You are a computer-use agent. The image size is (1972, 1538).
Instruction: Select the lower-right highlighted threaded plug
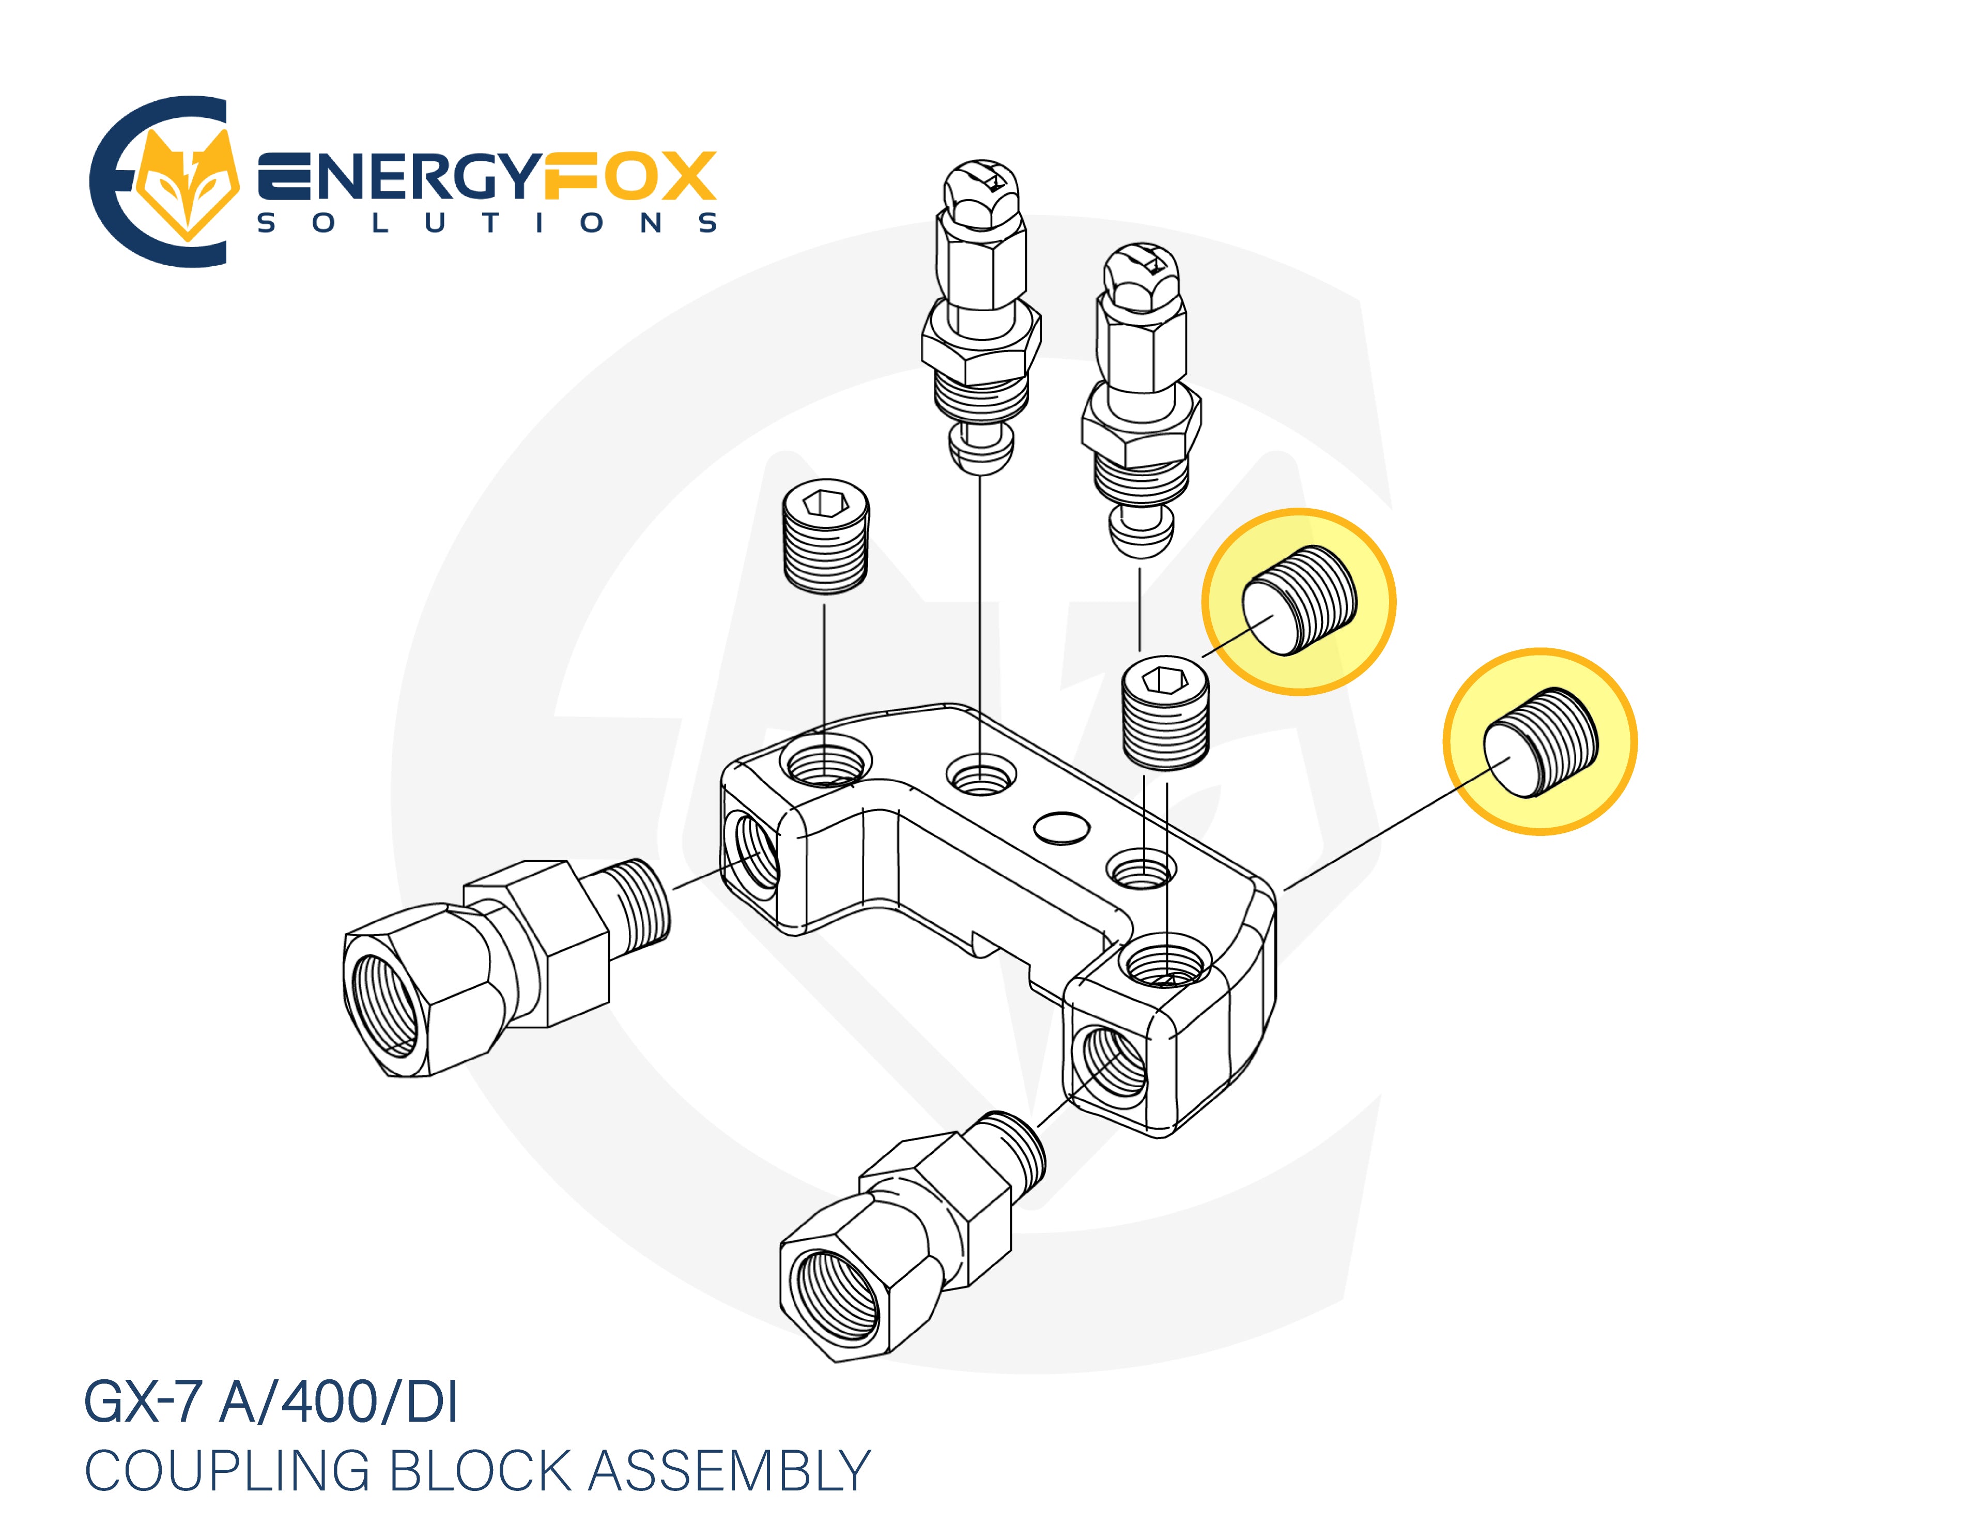coord(1540,742)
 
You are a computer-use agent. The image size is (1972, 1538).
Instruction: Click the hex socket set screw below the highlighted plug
coord(1165,713)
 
